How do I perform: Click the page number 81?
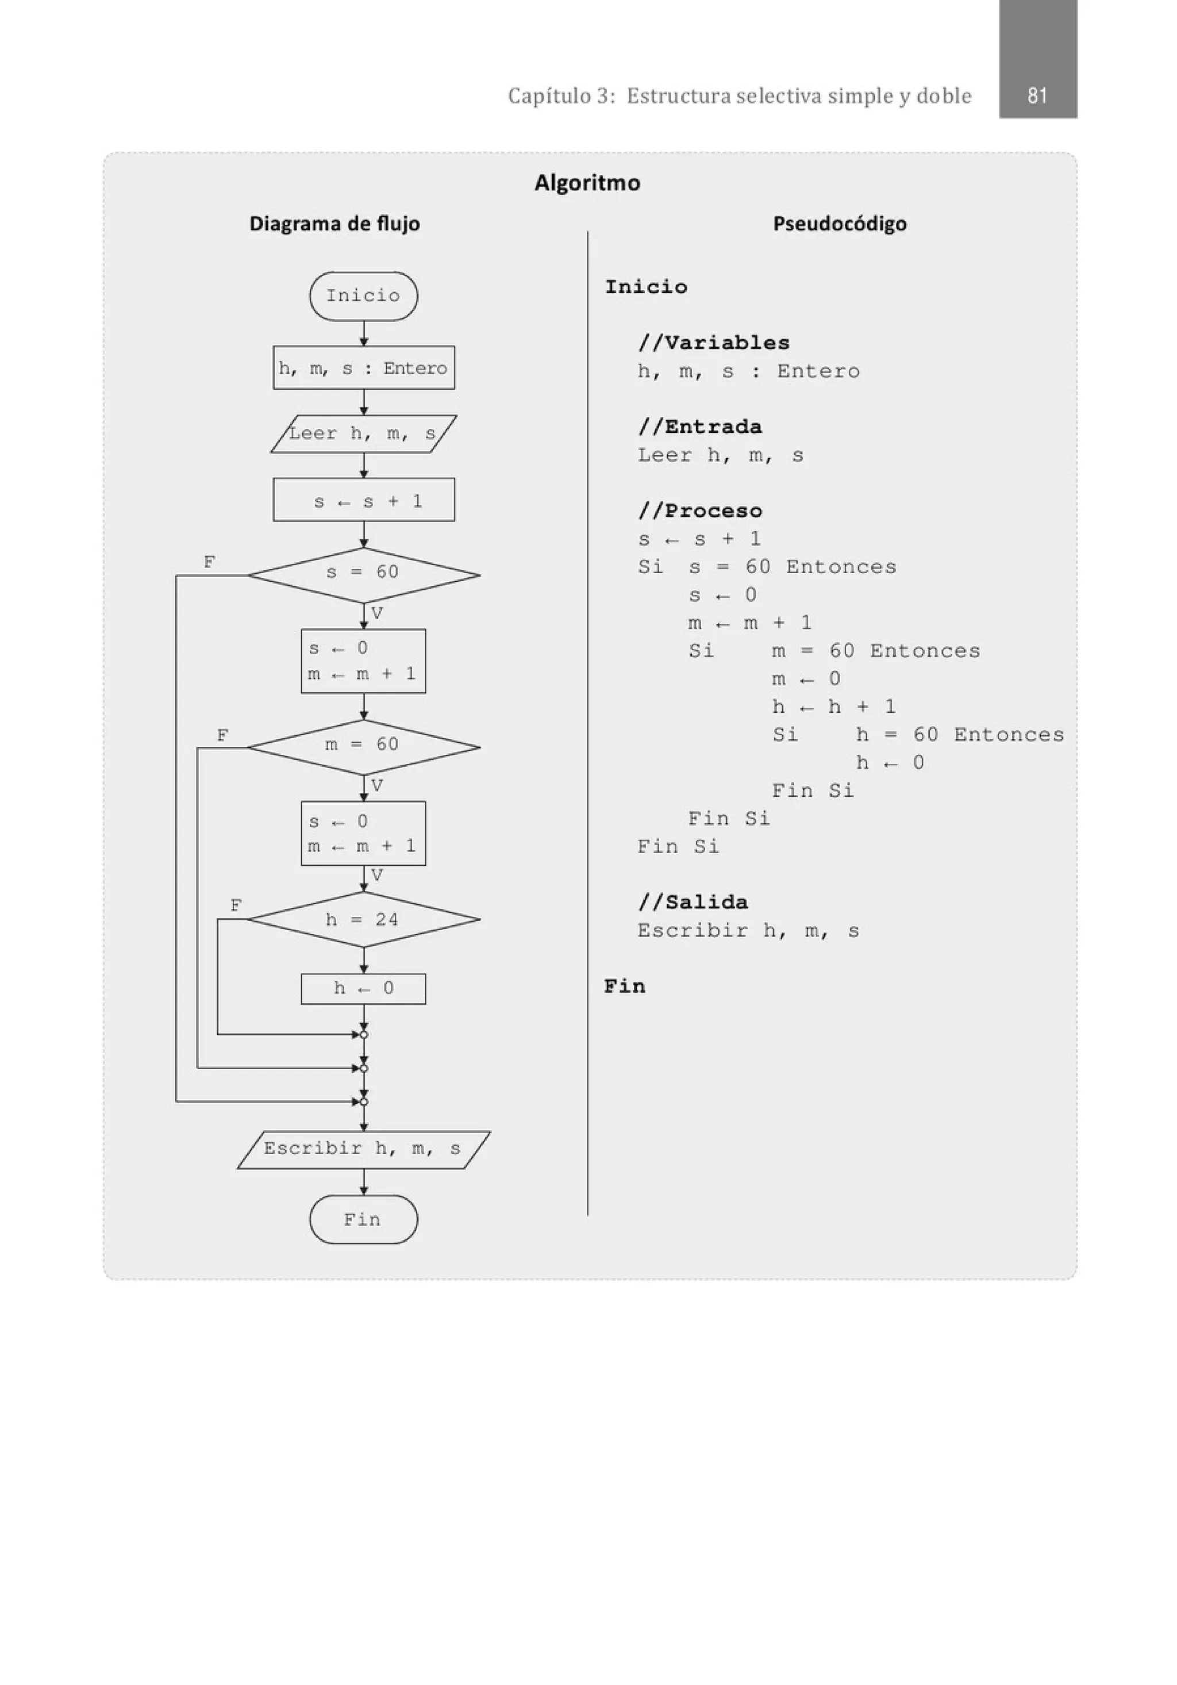(1036, 95)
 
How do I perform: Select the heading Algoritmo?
(587, 182)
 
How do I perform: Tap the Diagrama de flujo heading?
(334, 223)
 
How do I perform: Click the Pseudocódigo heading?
(840, 223)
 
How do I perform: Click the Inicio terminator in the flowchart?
(363, 295)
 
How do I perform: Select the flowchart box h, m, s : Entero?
(363, 368)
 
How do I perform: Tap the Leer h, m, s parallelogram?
(363, 433)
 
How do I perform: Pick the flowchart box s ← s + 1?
(363, 501)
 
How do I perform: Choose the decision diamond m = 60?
(363, 746)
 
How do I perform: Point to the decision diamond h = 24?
(363, 919)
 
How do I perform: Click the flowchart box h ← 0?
(363, 989)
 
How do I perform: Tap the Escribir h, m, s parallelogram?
(363, 1149)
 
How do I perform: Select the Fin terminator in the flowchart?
(363, 1220)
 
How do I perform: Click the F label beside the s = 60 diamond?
(209, 562)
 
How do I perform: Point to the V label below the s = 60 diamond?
(377, 613)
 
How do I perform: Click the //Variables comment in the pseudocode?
(713, 343)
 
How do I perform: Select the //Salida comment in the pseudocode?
(693, 902)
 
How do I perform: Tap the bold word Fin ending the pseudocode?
(625, 987)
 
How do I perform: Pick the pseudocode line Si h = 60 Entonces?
(917, 735)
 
